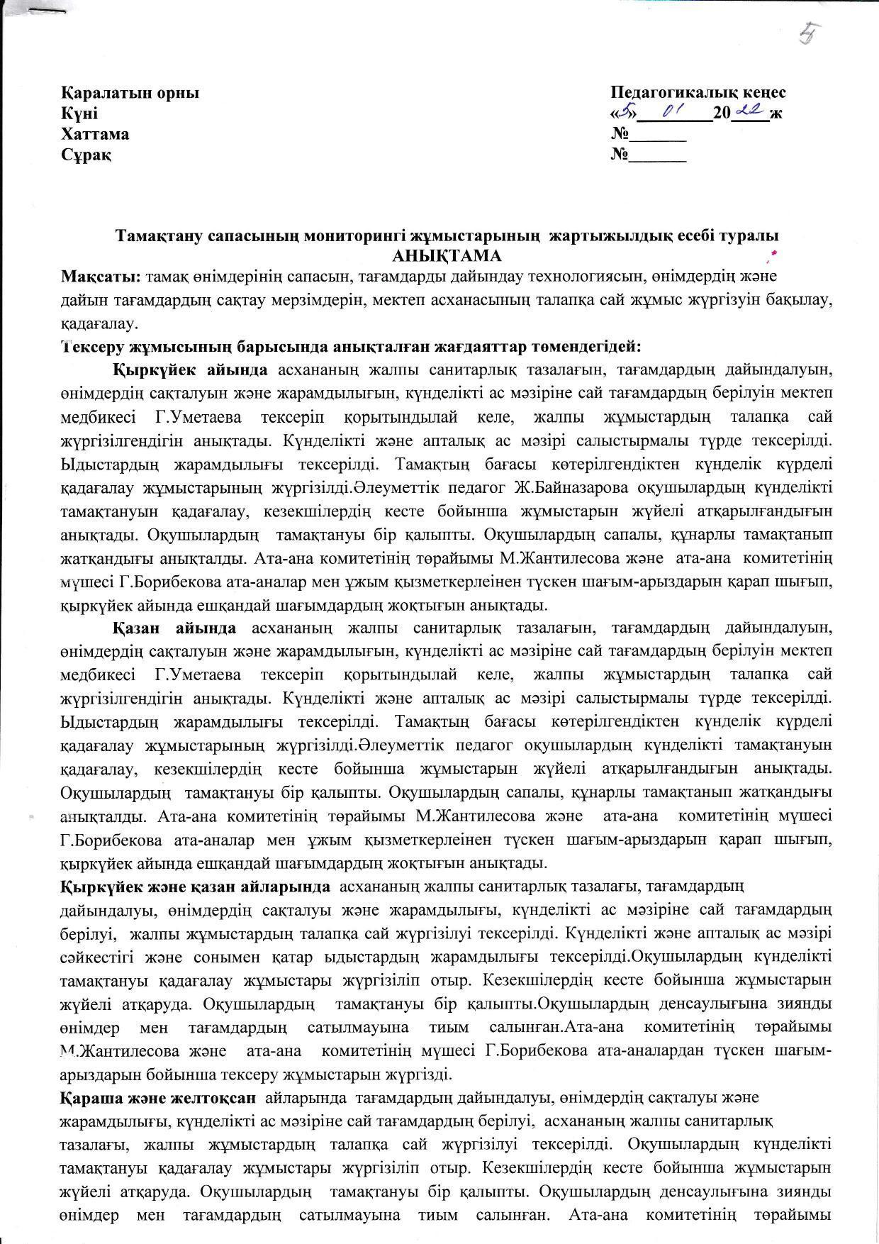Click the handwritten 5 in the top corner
tap(806, 33)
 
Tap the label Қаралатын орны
tap(130, 93)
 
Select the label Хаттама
tap(95, 134)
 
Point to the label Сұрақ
tap(86, 155)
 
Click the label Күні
tap(79, 113)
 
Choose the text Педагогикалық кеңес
tap(698, 93)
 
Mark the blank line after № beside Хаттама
tap(659, 139)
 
